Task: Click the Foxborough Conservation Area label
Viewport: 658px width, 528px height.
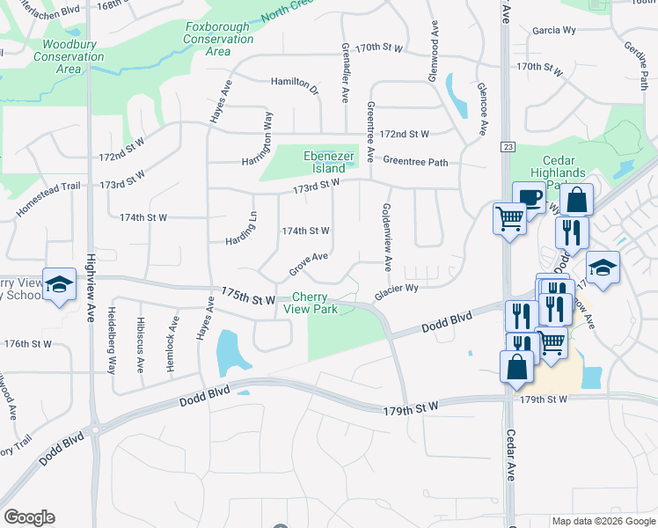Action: (218, 40)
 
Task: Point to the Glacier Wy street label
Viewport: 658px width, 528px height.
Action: (396, 292)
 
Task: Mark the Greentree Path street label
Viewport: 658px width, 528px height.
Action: (415, 162)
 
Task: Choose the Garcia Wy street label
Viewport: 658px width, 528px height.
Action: (553, 30)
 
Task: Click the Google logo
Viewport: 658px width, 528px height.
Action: (29, 517)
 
